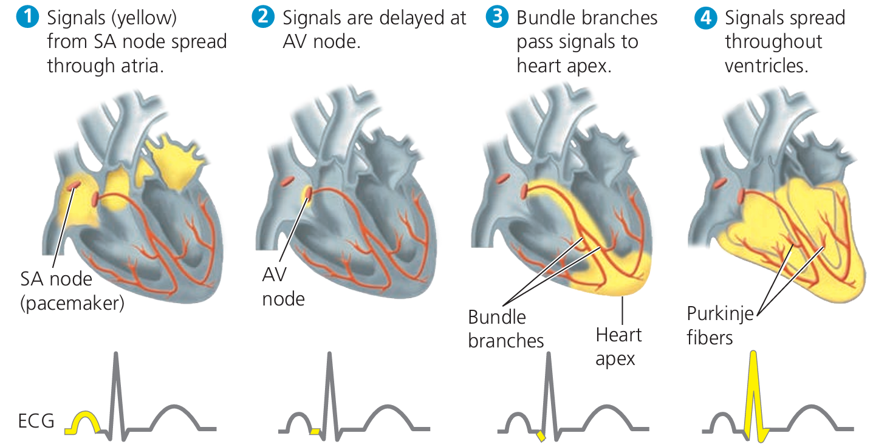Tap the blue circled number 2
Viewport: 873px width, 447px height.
pyautogui.click(x=262, y=18)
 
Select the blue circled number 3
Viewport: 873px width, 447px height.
pyautogui.click(x=496, y=18)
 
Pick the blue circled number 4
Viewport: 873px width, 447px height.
pyautogui.click(x=705, y=18)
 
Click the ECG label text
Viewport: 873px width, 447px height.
pyautogui.click(x=36, y=420)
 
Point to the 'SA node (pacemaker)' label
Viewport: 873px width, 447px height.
pyautogui.click(x=72, y=291)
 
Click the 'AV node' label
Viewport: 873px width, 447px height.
pyautogui.click(x=282, y=287)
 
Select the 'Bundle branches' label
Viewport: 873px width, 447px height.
pyautogui.click(x=505, y=328)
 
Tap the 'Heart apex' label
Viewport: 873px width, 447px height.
pyautogui.click(x=618, y=346)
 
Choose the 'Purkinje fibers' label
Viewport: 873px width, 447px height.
pyautogui.click(x=720, y=325)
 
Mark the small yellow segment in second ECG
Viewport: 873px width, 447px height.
pyautogui.click(x=315, y=431)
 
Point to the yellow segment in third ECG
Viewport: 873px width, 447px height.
pyautogui.click(x=541, y=435)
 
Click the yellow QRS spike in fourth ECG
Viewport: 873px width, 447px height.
pyautogui.click(x=754, y=389)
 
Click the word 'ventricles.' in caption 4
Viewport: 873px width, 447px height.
pyautogui.click(x=766, y=65)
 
